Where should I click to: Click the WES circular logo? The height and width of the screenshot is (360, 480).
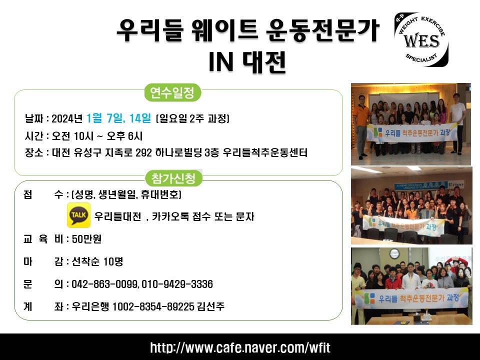(x=421, y=40)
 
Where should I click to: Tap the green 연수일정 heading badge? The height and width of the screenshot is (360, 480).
(x=172, y=92)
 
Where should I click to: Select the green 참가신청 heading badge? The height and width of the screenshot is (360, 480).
(x=173, y=178)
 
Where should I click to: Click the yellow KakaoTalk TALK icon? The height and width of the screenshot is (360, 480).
(x=78, y=215)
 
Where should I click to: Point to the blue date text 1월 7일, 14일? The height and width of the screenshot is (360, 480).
(x=119, y=118)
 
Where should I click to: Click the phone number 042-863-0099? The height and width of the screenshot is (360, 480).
(x=104, y=284)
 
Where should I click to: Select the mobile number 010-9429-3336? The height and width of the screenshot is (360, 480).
(x=177, y=284)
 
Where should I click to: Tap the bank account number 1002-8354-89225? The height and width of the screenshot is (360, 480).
(x=153, y=306)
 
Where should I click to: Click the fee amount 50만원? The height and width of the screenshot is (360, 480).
(x=86, y=239)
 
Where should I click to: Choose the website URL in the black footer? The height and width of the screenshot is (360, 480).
(x=240, y=348)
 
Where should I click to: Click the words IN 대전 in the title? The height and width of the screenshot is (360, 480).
(x=247, y=62)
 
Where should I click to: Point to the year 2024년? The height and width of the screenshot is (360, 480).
(x=67, y=118)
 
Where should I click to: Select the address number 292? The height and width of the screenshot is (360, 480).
(x=143, y=152)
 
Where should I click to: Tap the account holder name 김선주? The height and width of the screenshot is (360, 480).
(x=211, y=306)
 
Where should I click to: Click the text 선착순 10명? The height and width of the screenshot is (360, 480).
(x=97, y=261)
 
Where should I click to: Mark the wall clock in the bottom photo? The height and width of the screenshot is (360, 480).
(x=394, y=254)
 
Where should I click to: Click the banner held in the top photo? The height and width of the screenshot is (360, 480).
(x=411, y=133)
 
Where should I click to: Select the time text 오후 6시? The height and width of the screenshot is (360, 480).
(x=124, y=136)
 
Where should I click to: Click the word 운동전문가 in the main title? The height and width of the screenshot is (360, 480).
(x=322, y=30)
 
